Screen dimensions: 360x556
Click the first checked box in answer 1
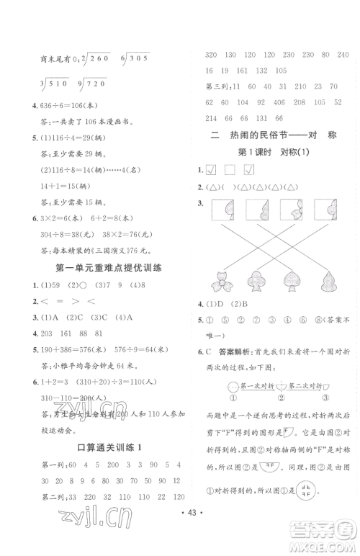click(x=211, y=171)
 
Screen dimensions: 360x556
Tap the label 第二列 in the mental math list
click(x=39, y=497)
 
